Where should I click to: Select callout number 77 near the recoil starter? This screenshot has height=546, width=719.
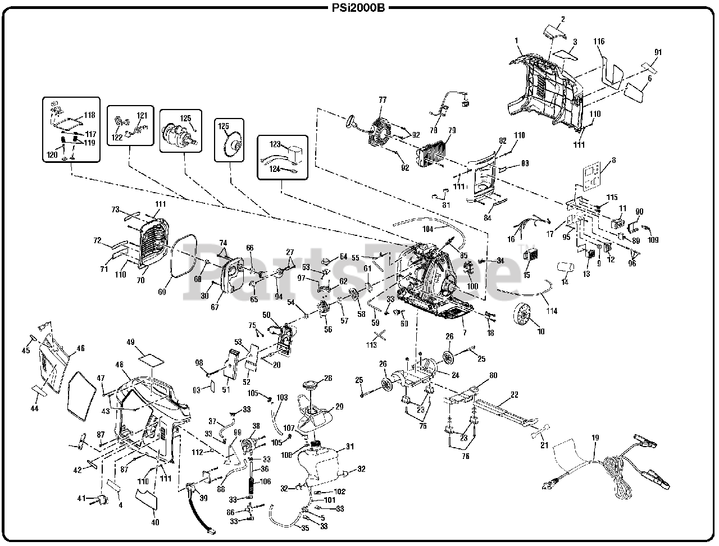click(383, 100)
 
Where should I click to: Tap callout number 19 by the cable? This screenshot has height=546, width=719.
click(595, 438)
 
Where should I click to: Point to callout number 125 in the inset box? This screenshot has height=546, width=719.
click(185, 119)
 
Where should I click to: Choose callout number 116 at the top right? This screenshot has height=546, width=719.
click(599, 42)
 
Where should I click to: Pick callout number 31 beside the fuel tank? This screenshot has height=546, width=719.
click(349, 447)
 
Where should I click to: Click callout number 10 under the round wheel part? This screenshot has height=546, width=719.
click(541, 332)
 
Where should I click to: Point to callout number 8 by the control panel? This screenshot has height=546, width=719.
click(613, 160)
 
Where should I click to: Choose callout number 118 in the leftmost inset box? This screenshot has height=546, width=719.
click(89, 115)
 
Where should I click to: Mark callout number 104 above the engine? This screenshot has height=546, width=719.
click(429, 229)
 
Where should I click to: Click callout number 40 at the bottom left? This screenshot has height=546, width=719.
click(155, 521)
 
